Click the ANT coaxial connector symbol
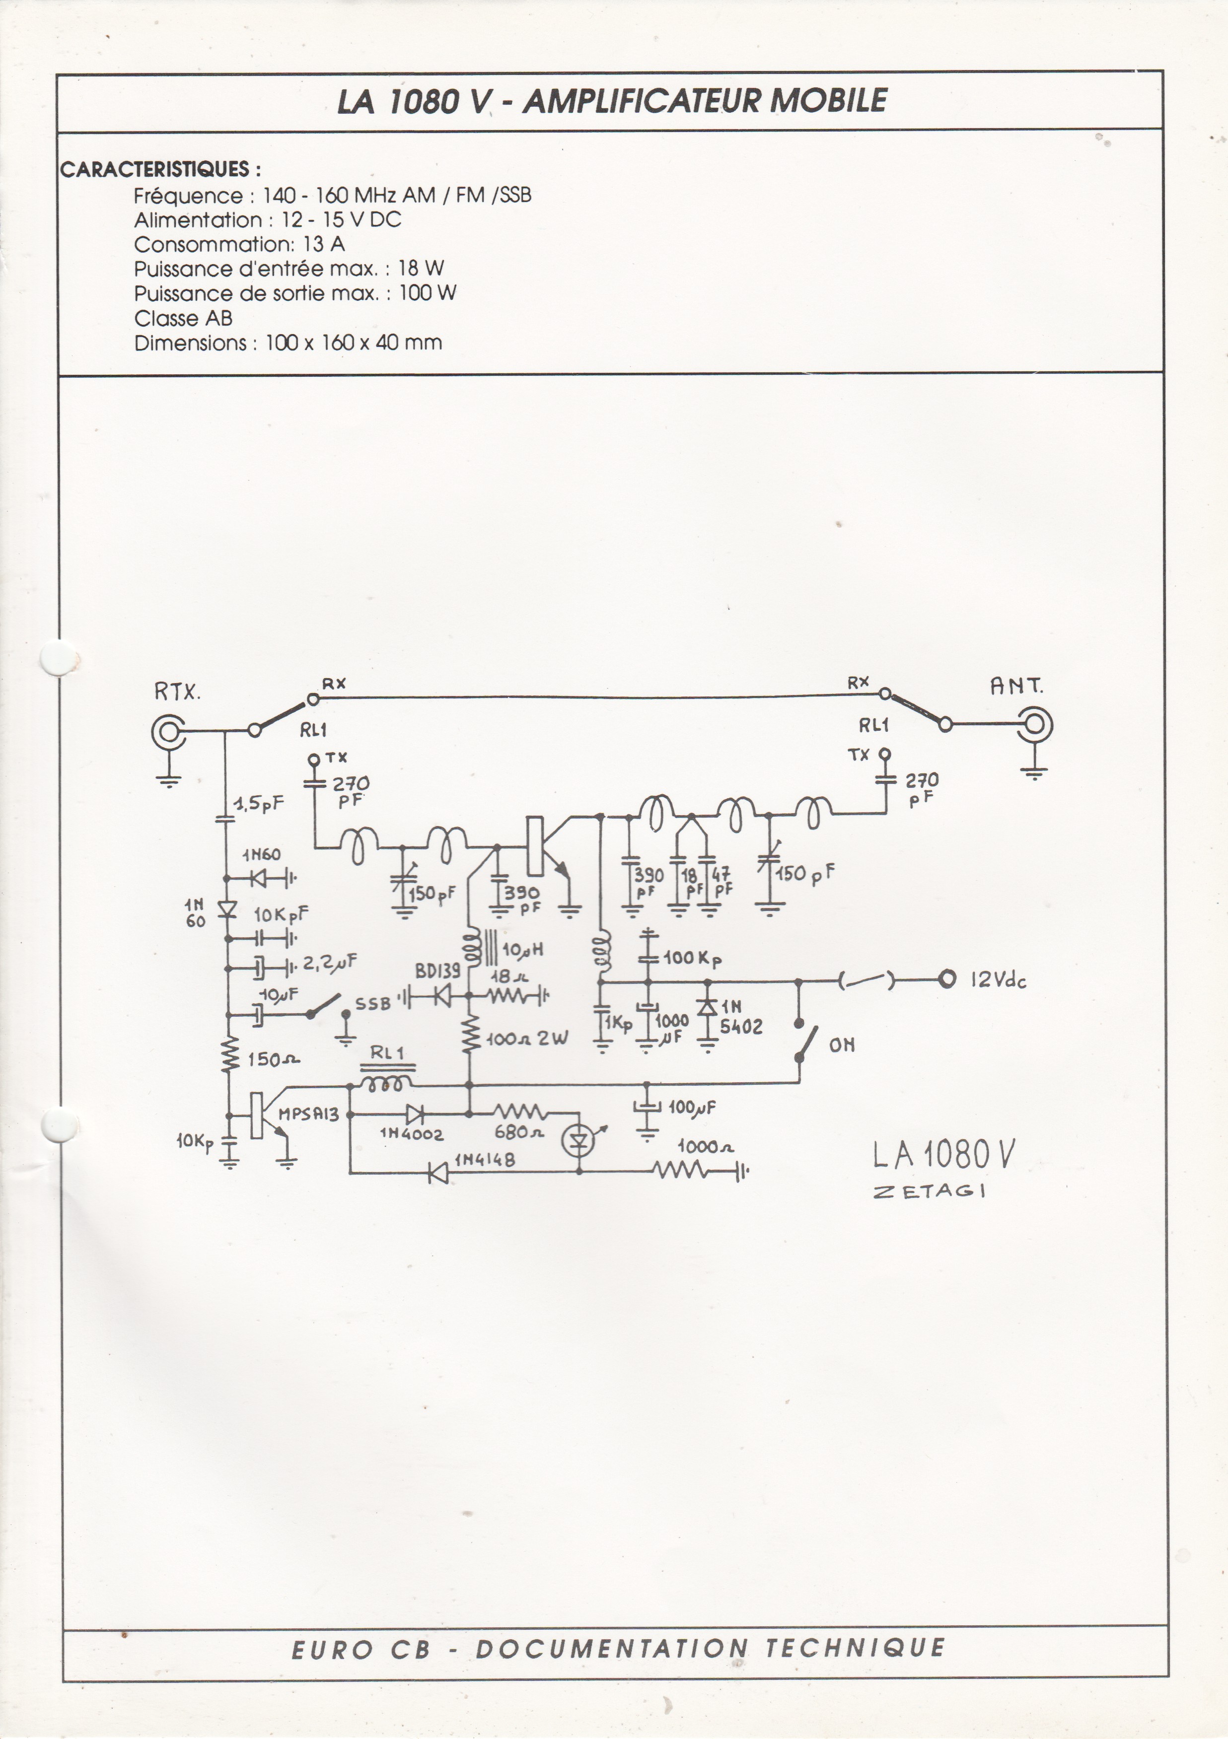coord(1035,725)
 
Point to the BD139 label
coord(437,971)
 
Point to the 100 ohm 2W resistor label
coord(526,1039)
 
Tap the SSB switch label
coord(373,1004)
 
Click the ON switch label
coord(842,1045)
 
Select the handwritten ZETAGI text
coord(929,1191)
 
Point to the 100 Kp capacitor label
coord(692,958)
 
